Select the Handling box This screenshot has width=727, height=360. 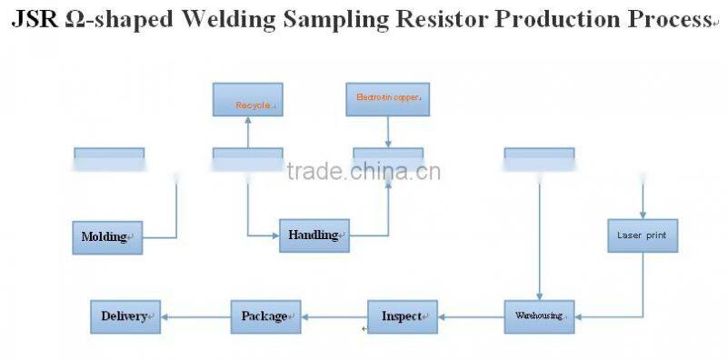tap(314, 235)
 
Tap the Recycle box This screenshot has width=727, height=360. tap(247, 99)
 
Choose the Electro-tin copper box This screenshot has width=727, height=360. tap(388, 99)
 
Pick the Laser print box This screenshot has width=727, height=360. tap(642, 235)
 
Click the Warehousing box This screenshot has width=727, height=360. tap(540, 316)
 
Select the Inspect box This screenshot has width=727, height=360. tap(402, 316)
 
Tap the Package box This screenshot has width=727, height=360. tap(264, 316)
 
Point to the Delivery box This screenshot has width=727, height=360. tap(125, 316)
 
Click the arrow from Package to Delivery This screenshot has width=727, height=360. tap(195, 316)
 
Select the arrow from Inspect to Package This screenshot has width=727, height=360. tap(334, 316)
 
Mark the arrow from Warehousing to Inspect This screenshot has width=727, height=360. tap(471, 316)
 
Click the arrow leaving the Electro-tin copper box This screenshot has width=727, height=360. tap(388, 131)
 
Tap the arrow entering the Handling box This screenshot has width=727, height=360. tap(263, 235)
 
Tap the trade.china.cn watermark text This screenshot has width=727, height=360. tap(363, 172)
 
